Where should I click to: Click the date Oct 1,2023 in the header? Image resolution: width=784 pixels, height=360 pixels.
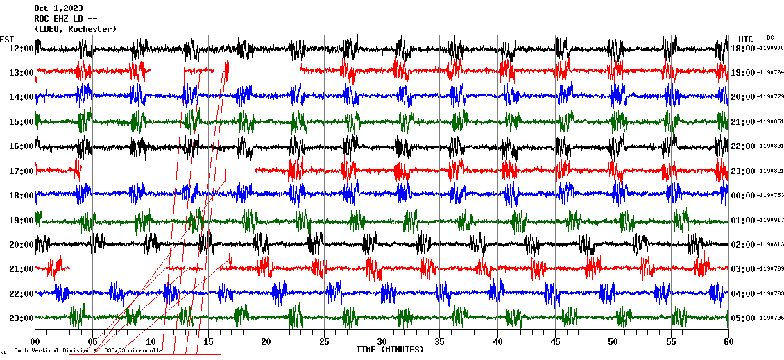click(x=53, y=8)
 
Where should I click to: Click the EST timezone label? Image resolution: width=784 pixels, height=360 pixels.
click(x=7, y=39)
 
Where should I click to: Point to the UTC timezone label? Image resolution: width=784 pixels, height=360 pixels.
click(x=746, y=39)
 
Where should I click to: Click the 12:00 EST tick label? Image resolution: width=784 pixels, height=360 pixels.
click(x=22, y=49)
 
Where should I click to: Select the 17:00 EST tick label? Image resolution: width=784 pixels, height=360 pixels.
click(x=22, y=171)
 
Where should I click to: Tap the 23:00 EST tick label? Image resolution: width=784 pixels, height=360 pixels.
click(x=22, y=318)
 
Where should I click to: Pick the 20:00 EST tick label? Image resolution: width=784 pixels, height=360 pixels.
click(x=22, y=245)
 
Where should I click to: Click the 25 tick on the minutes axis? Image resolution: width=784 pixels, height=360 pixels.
click(x=324, y=342)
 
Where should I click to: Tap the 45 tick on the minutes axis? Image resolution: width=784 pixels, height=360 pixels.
click(x=555, y=342)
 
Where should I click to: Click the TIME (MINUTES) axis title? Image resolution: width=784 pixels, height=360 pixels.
click(x=390, y=350)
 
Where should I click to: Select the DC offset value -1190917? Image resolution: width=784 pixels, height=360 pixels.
click(x=770, y=221)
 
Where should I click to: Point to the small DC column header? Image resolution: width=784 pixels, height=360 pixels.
click(x=770, y=37)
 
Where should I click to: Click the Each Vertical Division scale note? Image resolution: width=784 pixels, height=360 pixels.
click(x=87, y=350)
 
